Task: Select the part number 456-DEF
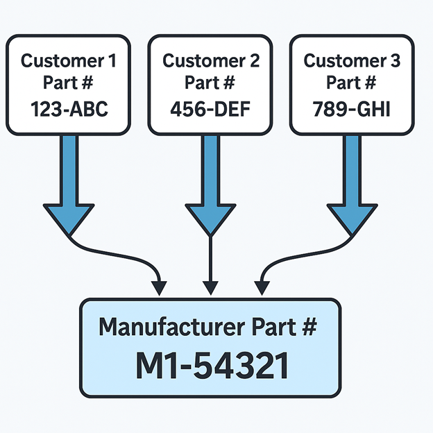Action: [x=210, y=109]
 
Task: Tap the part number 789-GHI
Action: [x=352, y=109]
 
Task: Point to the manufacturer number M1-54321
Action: [x=211, y=366]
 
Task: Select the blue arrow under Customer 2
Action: [x=210, y=187]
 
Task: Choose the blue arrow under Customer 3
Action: [x=353, y=187]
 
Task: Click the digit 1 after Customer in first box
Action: [x=112, y=60]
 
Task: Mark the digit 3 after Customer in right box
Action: [x=396, y=60]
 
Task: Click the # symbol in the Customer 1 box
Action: [x=87, y=84]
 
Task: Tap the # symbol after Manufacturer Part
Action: [x=310, y=326]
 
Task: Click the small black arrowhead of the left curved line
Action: [x=160, y=286]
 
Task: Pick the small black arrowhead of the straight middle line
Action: [x=210, y=286]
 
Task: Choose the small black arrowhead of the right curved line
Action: [x=261, y=286]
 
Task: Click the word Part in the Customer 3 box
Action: [x=341, y=84]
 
